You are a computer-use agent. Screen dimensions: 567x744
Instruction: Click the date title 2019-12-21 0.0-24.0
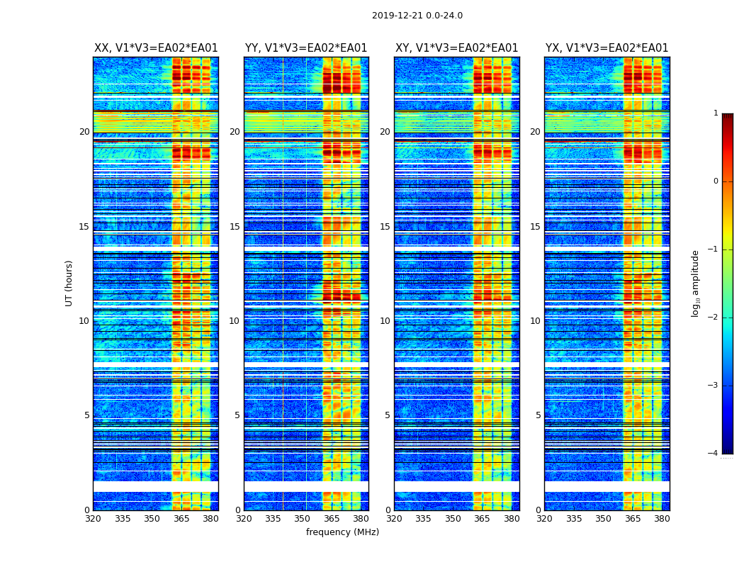pos(417,16)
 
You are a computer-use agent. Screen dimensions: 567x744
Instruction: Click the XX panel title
pos(156,48)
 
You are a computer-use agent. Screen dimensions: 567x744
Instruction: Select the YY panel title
pos(306,48)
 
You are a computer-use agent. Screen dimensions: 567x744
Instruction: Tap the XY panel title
pos(456,48)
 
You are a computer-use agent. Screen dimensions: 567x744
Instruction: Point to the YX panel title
pos(607,48)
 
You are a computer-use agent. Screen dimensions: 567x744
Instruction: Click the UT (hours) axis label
pos(69,283)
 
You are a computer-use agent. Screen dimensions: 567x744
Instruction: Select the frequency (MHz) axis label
pos(342,532)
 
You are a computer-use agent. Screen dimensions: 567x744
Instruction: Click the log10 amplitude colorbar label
pos(696,283)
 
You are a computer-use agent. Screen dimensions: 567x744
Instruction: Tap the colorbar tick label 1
pos(715,113)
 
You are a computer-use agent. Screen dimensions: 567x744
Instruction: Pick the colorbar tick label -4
pos(713,454)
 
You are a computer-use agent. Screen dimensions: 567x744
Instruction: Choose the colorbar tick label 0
pos(715,181)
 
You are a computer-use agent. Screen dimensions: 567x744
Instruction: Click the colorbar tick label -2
pos(713,318)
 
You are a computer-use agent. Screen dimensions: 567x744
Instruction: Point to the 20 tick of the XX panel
pos(84,132)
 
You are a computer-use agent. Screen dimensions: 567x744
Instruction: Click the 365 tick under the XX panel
pos(181,519)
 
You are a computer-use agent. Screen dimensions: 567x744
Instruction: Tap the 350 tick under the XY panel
pos(453,519)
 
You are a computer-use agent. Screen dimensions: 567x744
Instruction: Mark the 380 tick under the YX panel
pos(662,519)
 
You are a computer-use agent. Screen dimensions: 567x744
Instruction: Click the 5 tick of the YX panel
pos(538,416)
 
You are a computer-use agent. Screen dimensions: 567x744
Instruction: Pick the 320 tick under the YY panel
pos(244,519)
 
